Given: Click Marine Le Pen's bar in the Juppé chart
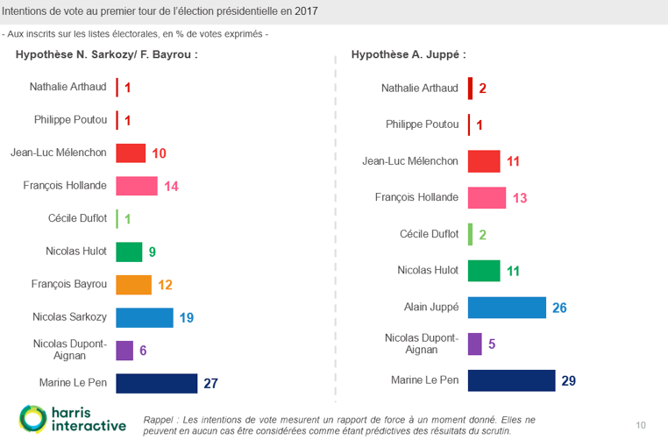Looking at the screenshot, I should click(x=511, y=380).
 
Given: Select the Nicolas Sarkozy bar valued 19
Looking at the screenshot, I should click(x=145, y=317).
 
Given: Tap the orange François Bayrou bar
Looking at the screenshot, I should click(x=134, y=285).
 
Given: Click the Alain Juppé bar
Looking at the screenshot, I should click(x=507, y=308).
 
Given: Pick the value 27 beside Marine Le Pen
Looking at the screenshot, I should click(x=210, y=383).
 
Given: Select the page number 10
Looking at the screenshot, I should click(x=641, y=425).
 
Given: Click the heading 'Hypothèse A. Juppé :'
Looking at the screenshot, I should click(x=408, y=54).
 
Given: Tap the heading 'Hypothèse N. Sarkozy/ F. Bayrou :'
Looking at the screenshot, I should click(x=106, y=54).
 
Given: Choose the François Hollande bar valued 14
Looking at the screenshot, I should click(x=137, y=186).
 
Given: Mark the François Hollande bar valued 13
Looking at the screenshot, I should click(x=487, y=197).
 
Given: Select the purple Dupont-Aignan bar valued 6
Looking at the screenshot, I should click(x=124, y=351).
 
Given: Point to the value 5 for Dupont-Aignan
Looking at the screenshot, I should click(x=492, y=344).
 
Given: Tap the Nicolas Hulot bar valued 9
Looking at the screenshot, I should click(x=129, y=252).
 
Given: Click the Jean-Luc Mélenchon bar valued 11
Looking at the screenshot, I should click(x=484, y=161).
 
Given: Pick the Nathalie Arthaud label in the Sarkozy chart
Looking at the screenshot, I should click(x=68, y=87).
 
